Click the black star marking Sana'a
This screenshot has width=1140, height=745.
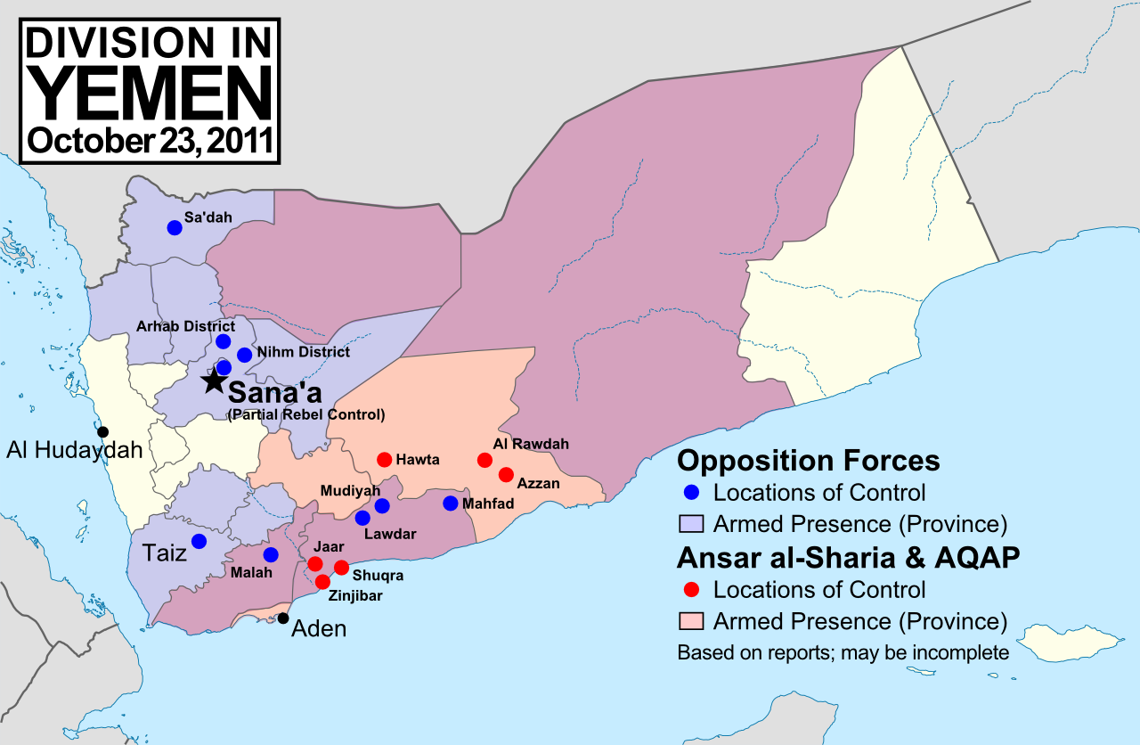click(x=213, y=381)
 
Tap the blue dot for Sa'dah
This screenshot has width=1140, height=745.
click(x=175, y=227)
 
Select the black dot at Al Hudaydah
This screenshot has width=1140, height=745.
click(x=103, y=432)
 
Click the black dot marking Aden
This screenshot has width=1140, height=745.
click(x=283, y=618)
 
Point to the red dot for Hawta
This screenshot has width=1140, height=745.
click(x=384, y=460)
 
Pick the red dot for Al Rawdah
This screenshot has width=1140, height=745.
click(x=484, y=460)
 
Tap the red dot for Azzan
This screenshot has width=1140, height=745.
click(x=506, y=474)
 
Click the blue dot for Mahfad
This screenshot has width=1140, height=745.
click(x=450, y=503)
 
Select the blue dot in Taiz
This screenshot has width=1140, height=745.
click(x=199, y=541)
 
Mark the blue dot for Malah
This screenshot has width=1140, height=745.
click(x=271, y=554)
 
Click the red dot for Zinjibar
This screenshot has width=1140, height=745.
click(x=322, y=582)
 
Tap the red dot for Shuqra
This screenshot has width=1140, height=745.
click(x=341, y=568)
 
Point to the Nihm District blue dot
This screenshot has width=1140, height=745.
click(x=245, y=355)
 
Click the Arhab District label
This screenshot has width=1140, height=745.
click(x=185, y=326)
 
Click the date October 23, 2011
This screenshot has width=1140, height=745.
click(x=150, y=141)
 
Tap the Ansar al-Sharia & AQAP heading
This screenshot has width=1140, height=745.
click(x=848, y=557)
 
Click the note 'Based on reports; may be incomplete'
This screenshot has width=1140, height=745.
click(x=843, y=652)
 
